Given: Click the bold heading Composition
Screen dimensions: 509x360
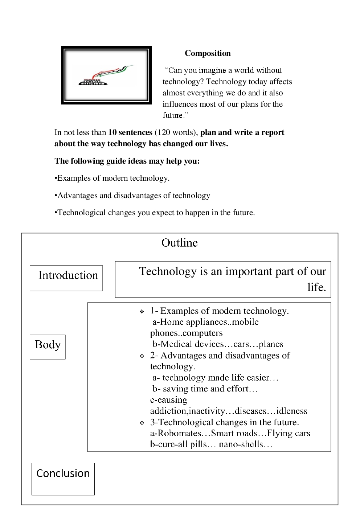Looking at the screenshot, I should (x=208, y=53).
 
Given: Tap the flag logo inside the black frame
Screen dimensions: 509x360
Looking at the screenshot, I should (x=106, y=75).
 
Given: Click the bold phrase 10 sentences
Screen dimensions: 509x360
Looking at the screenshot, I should (x=130, y=132).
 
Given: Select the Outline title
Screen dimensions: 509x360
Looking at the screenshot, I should (x=180, y=243).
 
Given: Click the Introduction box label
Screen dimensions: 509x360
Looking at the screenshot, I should (x=68, y=275).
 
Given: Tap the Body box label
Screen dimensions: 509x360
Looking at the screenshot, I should (x=48, y=345).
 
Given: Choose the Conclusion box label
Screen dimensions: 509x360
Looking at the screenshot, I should (x=63, y=473).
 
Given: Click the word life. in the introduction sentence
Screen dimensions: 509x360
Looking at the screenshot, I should (x=316, y=287).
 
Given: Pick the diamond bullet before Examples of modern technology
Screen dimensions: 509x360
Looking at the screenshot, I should (x=142, y=312).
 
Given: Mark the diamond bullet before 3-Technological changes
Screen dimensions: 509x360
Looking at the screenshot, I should (x=142, y=423).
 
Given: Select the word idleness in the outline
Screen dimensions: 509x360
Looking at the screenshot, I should (x=292, y=411).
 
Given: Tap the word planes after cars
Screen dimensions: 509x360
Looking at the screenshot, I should (x=271, y=344).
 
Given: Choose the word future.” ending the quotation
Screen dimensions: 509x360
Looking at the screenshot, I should (x=175, y=115).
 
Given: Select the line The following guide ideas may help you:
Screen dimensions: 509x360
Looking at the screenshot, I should (x=127, y=161).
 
